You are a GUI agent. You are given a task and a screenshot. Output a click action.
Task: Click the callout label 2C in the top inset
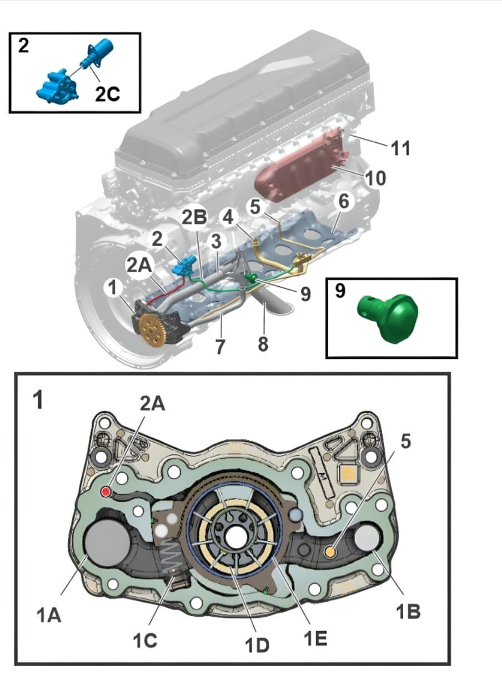(107, 94)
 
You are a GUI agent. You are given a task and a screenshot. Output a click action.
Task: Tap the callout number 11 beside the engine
(400, 148)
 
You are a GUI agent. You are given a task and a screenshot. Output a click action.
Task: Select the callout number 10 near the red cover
(375, 178)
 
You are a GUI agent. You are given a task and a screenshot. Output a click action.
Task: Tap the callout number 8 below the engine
(263, 345)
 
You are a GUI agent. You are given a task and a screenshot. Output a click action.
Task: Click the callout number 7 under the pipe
(220, 347)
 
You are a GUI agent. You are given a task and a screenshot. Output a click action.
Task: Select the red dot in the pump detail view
(106, 492)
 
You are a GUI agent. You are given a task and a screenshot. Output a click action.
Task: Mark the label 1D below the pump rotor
(257, 645)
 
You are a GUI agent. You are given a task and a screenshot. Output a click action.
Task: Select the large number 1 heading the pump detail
(38, 401)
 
